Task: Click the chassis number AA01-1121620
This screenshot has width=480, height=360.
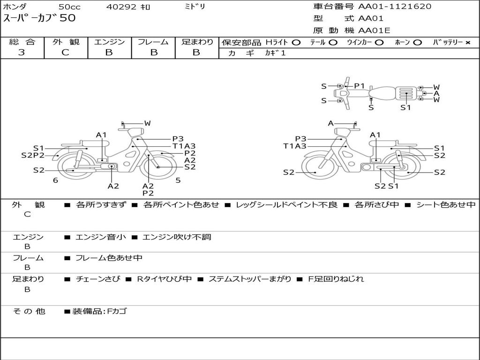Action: tap(395, 7)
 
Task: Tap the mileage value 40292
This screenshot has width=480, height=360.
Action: tap(121, 7)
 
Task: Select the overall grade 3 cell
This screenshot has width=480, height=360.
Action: tap(22, 52)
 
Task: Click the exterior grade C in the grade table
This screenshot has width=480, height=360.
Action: tap(65, 52)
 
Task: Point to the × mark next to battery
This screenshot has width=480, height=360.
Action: tap(468, 43)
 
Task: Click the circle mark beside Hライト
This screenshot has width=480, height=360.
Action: tap(296, 43)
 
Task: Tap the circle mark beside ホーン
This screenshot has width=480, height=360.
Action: tap(417, 43)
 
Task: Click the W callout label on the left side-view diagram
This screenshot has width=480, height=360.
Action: tap(148, 123)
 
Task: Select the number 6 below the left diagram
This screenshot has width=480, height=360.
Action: tap(55, 180)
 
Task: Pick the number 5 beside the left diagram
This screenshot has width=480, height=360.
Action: tap(178, 180)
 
